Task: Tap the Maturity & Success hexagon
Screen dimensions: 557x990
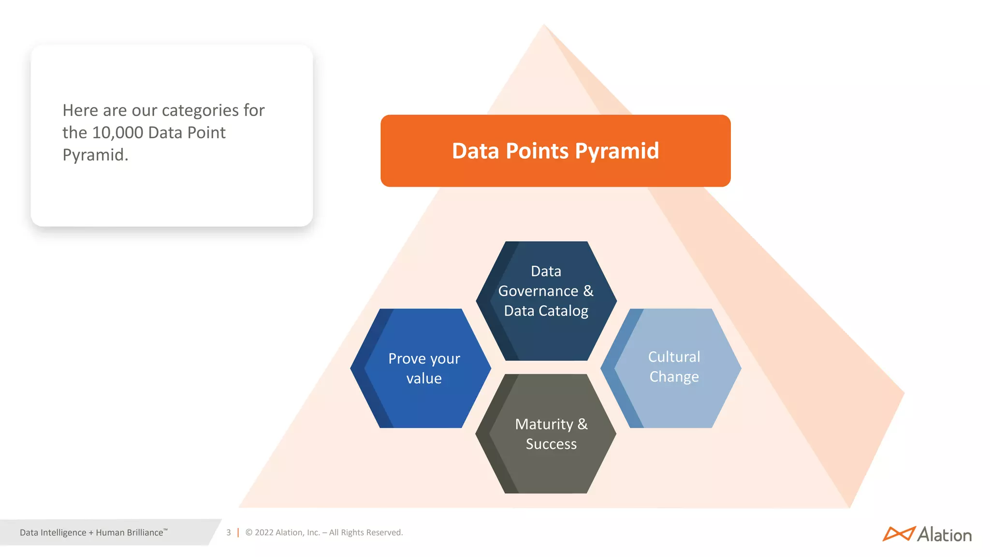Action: [x=546, y=434]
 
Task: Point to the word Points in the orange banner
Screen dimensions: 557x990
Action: [x=537, y=151]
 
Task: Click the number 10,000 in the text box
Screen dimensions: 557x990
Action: [x=117, y=133]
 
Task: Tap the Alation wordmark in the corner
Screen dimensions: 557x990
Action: [x=944, y=535]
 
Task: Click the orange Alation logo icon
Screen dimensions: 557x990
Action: [x=899, y=534]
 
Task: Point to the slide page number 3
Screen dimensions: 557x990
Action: [x=229, y=532]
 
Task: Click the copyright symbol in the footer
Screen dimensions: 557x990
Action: [x=249, y=532]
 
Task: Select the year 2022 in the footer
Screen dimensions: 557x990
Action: [x=264, y=532]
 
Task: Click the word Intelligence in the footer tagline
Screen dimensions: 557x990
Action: [x=63, y=533]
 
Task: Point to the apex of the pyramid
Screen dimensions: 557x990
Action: [x=544, y=26]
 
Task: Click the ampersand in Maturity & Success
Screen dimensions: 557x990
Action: [x=582, y=424]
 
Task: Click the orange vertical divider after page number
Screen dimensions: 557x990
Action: [x=238, y=532]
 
